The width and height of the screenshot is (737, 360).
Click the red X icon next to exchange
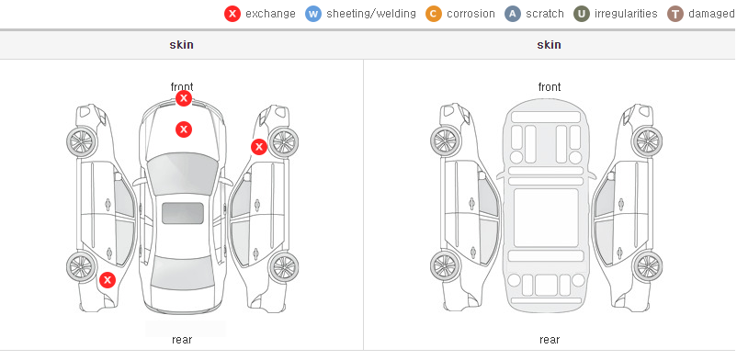click(x=232, y=14)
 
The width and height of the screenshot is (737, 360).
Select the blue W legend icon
click(x=313, y=14)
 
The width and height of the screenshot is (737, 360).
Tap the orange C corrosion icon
click(x=434, y=14)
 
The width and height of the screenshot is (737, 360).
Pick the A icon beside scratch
click(x=513, y=14)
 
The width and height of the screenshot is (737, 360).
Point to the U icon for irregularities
click(x=582, y=14)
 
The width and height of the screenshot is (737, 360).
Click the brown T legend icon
click(x=675, y=14)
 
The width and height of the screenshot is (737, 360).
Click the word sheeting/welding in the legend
click(x=371, y=14)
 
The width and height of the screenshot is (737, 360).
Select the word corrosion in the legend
click(x=471, y=14)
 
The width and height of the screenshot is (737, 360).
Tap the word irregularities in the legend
click(x=626, y=14)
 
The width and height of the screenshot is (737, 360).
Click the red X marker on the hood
click(x=184, y=129)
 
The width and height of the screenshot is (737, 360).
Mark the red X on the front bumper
click(x=184, y=98)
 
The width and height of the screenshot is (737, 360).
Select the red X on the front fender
click(x=259, y=147)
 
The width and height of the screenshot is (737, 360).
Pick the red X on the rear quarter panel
click(x=108, y=280)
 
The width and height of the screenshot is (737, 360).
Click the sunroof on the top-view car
click(x=183, y=213)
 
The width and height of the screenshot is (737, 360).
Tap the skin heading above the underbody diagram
click(x=549, y=45)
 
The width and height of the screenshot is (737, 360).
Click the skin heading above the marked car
click(x=181, y=45)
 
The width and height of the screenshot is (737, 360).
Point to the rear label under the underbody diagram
click(x=550, y=339)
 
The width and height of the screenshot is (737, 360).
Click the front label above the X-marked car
click(x=182, y=87)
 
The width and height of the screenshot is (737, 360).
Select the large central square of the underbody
click(x=546, y=218)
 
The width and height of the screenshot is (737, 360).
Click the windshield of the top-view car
click(x=183, y=172)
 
